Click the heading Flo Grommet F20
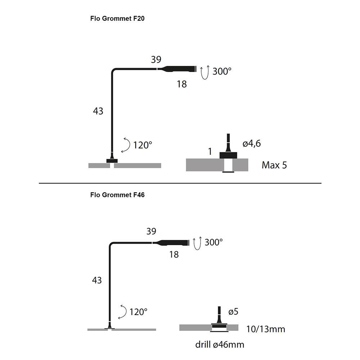pyautogui.click(x=117, y=18)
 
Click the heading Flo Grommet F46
pyautogui.click(x=117, y=195)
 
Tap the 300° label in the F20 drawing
pyautogui.click(x=222, y=71)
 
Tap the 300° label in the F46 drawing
pyautogui.click(x=213, y=242)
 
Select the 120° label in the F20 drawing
pyautogui.click(x=143, y=145)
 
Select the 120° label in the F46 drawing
pyautogui.click(x=139, y=312)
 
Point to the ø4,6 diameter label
pyautogui.click(x=252, y=144)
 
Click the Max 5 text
pyautogui.click(x=274, y=165)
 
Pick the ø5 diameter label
pyautogui.click(x=233, y=311)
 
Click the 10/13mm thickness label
pyautogui.click(x=266, y=329)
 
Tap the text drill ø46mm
pyautogui.click(x=220, y=345)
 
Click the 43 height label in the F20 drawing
pyautogui.click(x=98, y=111)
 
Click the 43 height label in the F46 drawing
pyautogui.click(x=96, y=280)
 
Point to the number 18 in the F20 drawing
pyautogui.click(x=181, y=84)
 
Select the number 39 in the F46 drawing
pyautogui.click(x=151, y=231)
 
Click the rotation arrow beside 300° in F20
pyautogui.click(x=204, y=72)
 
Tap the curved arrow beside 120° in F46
pyautogui.click(x=123, y=312)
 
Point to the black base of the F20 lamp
pyautogui.click(x=112, y=161)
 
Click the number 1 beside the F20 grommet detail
pyautogui.click(x=210, y=151)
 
